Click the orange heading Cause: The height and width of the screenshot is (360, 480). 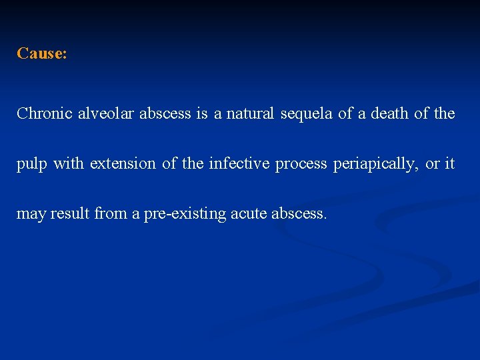42,53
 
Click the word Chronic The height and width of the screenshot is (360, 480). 44,113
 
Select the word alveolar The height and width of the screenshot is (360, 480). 106,113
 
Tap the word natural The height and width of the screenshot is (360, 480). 250,113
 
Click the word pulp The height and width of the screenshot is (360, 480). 32,164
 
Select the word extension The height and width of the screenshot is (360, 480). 125,163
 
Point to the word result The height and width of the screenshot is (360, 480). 71,213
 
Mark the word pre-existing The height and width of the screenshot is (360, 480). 185,214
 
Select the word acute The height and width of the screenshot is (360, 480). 249,213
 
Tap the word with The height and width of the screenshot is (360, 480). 69,163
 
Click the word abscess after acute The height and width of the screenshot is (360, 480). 300,213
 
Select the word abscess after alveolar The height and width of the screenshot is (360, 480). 164,113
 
